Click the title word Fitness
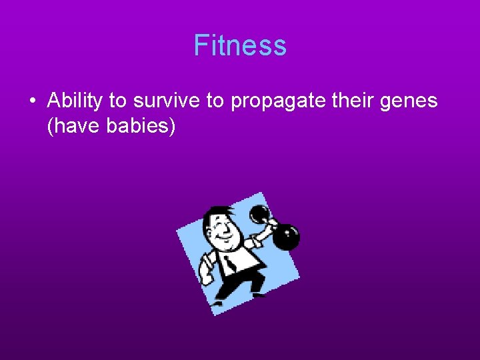[x=240, y=45]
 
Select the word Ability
[x=75, y=101]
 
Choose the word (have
[x=73, y=125]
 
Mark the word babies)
[x=141, y=125]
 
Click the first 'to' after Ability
[x=118, y=101]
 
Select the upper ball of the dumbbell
[x=259, y=215]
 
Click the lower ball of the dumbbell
[x=287, y=237]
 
